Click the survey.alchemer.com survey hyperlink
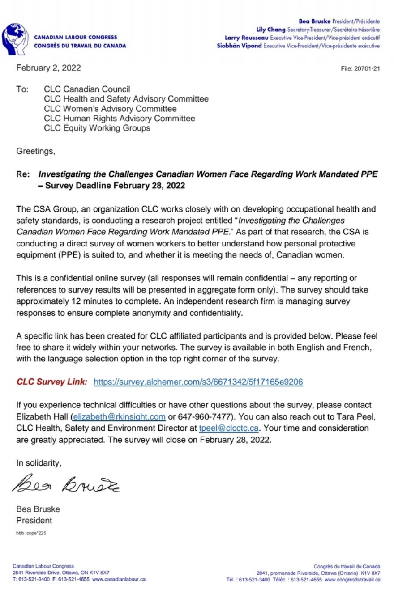pyautogui.click(x=198, y=382)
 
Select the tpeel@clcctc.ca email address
pyautogui.click(x=229, y=428)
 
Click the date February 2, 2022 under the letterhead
pyautogui.click(x=48, y=68)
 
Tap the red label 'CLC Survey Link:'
pyautogui.click(x=52, y=382)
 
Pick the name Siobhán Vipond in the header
pyautogui.click(x=240, y=46)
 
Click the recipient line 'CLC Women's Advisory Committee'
pyautogui.click(x=110, y=109)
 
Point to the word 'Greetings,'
pyautogui.click(x=36, y=151)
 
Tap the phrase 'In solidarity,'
pyautogui.click(x=39, y=463)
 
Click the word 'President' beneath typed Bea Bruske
pyautogui.click(x=34, y=521)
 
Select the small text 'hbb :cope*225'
pyautogui.click(x=31, y=534)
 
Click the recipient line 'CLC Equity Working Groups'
pyautogui.click(x=97, y=128)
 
